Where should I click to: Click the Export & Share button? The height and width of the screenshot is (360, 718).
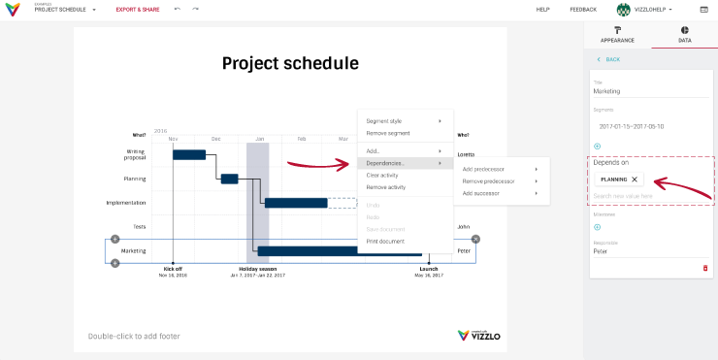point(138,9)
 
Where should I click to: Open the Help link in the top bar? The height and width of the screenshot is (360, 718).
point(543,9)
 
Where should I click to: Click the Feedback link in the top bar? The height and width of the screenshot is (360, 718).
point(583,9)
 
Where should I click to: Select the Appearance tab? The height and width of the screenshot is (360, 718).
point(617,35)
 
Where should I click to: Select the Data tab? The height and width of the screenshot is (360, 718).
point(684,35)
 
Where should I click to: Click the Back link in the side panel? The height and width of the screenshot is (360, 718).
point(609,59)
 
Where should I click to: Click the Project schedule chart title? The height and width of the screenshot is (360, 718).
point(290,64)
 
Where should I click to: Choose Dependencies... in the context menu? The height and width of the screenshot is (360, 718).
point(385,163)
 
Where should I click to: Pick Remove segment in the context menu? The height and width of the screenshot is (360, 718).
point(388,132)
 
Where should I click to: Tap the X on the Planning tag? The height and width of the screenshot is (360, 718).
point(635,180)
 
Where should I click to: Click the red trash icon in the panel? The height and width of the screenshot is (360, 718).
point(705,268)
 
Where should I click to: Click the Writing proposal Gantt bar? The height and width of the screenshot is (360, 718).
point(189,154)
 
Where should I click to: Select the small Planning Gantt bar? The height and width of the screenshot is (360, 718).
point(229,179)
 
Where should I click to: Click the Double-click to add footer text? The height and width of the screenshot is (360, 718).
point(134,336)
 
